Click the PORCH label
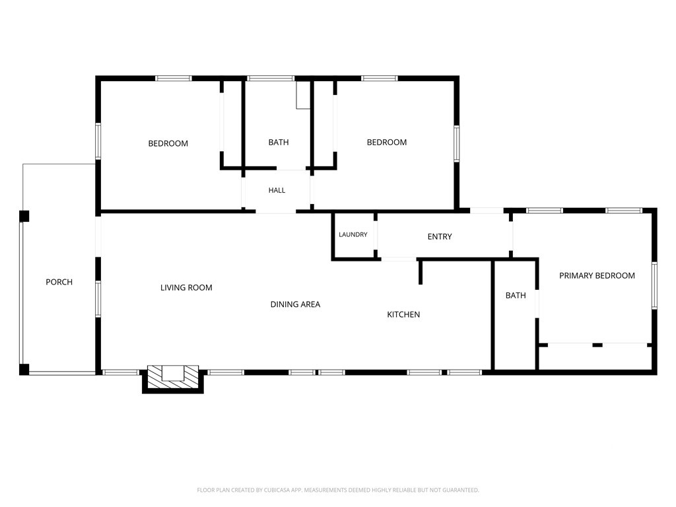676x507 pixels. (x=59, y=282)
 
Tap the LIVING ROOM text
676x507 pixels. (x=186, y=288)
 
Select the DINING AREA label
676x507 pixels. (x=295, y=304)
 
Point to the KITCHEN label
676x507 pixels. (x=403, y=315)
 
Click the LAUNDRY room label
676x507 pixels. (x=353, y=234)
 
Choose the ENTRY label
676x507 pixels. (x=440, y=237)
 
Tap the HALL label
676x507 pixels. (x=277, y=190)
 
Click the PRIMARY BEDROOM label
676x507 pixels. (x=597, y=275)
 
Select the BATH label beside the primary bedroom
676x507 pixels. (x=516, y=295)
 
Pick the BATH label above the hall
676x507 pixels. (x=279, y=143)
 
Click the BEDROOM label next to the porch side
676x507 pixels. (x=168, y=143)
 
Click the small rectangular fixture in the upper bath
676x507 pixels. (x=303, y=95)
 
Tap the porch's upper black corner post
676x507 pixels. (x=24, y=216)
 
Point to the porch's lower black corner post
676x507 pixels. (x=24, y=370)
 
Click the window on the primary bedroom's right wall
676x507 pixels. (x=654, y=285)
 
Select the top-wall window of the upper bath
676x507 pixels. (x=271, y=79)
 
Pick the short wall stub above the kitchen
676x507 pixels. (x=421, y=271)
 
